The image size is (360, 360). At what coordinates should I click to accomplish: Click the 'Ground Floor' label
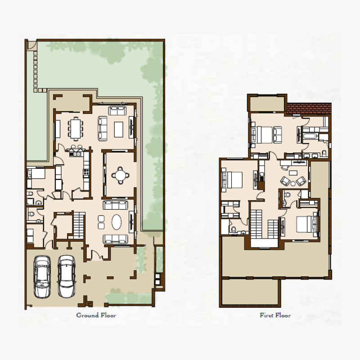pos(96,315)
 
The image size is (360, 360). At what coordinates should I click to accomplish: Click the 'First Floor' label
pos(275,315)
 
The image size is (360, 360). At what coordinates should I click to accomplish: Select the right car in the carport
pos(66,276)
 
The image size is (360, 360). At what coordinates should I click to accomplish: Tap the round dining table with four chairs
pos(120,175)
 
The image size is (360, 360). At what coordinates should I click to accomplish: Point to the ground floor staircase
pos(79,225)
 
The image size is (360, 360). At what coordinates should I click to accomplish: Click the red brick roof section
pos(309,108)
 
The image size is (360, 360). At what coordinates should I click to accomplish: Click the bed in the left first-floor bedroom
pos(230,180)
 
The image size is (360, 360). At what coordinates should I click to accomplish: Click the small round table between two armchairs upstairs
pos(292,182)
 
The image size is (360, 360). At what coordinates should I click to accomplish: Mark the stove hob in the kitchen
pos(85,171)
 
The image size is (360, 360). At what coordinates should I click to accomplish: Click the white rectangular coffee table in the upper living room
pos(119,129)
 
